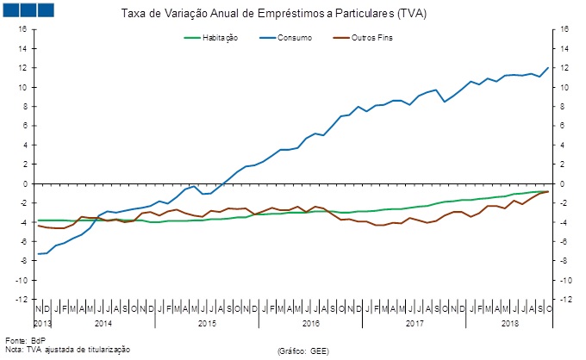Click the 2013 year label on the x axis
[x=43, y=323]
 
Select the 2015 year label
[x=207, y=323]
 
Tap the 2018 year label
[x=509, y=323]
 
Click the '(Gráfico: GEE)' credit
[x=303, y=351]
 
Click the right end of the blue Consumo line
[x=548, y=68]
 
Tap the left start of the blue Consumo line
[x=38, y=254]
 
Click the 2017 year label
[x=415, y=323]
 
